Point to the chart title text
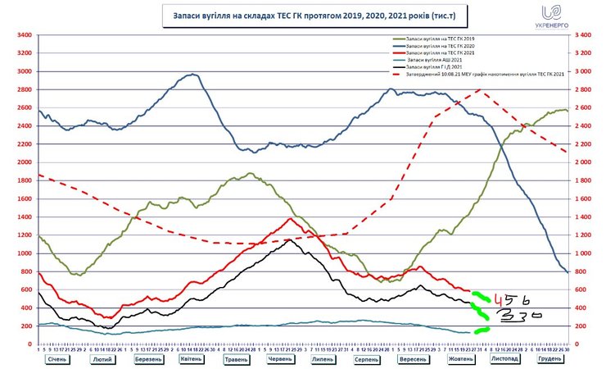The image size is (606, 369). tap(303, 14)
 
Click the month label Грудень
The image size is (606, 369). tap(549, 359)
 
